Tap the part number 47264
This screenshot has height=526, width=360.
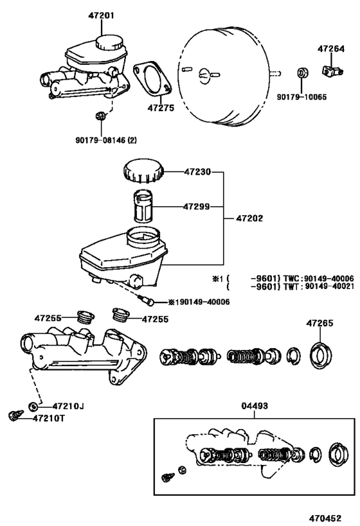click(334, 48)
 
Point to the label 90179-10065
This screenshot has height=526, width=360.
click(301, 97)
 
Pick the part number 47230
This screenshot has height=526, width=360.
click(198, 172)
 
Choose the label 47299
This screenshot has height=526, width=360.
click(197, 207)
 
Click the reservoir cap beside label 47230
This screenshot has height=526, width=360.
click(142, 173)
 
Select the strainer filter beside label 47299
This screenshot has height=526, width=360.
click(145, 207)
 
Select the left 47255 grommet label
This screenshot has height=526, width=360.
click(48, 318)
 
